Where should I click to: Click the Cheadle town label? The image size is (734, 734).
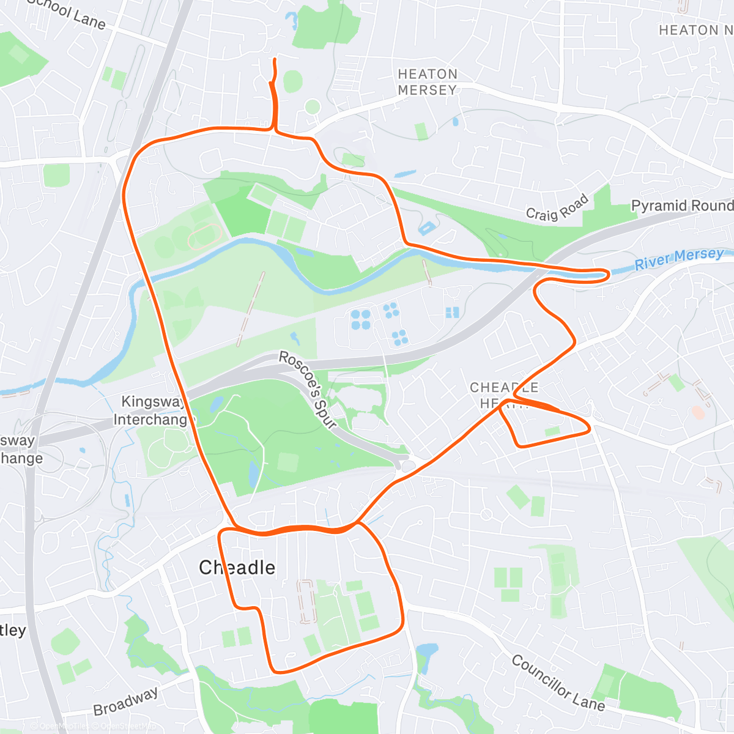click(237, 568)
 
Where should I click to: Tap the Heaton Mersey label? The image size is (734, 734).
click(428, 82)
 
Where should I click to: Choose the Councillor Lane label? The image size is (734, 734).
click(558, 683)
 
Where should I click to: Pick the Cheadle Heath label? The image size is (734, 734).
click(503, 395)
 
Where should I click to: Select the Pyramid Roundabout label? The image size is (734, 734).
click(682, 206)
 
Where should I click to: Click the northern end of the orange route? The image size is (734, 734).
click(275, 59)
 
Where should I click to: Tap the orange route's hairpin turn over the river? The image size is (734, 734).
click(606, 275)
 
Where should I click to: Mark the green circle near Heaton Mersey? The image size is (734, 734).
click(313, 107)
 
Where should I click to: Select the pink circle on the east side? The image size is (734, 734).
click(699, 413)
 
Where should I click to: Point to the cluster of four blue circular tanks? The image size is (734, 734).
click(361, 319)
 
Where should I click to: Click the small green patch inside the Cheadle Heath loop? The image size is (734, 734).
click(552, 432)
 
